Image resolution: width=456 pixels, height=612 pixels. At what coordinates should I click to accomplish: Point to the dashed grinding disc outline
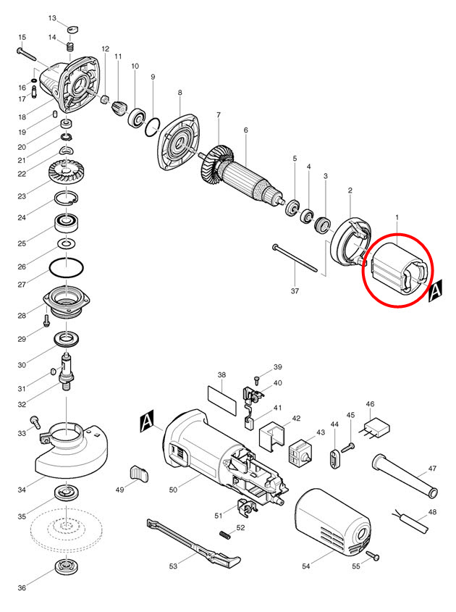(x=65, y=529)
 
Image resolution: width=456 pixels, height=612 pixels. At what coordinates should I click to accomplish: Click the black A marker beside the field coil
(x=436, y=291)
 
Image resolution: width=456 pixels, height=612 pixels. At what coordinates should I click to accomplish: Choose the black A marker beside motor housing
(x=147, y=420)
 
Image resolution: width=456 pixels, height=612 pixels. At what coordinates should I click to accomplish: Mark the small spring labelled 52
(x=226, y=535)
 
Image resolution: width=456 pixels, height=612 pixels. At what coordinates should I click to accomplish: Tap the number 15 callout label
(x=22, y=37)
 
